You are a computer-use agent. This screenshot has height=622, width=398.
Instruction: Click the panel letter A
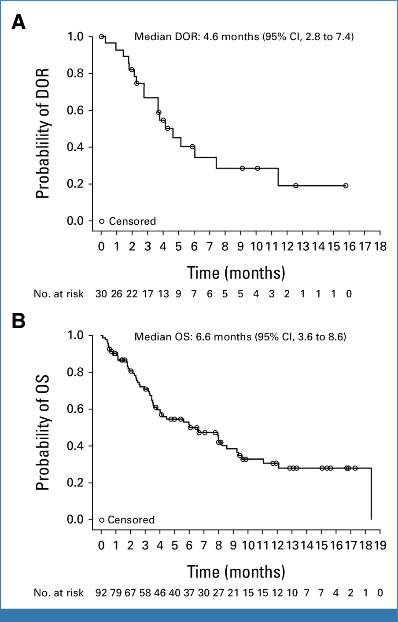coord(18,22)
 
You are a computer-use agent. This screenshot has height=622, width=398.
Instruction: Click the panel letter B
coord(18,321)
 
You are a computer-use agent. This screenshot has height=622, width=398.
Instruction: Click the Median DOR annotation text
coord(244,37)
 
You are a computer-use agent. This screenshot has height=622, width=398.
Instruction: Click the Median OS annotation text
coord(240,337)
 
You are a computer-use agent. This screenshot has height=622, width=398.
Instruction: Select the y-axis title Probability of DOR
coord(43,133)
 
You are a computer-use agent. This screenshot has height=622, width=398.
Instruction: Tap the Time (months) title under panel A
coord(236,273)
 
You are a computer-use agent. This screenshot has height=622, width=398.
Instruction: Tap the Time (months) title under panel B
coord(236,572)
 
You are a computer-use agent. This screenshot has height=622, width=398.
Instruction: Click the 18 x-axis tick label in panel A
coord(380,246)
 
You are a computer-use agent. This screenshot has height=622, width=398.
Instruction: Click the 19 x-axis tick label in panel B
coord(380,545)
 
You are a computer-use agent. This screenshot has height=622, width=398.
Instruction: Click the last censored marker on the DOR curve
coord(346,186)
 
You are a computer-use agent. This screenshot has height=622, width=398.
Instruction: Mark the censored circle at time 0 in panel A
coord(101,37)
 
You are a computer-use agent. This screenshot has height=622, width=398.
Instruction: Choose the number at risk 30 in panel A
coord(101,294)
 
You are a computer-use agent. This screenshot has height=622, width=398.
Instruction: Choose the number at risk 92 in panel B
coord(101,593)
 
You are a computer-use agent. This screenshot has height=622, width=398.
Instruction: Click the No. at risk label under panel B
coord(59,593)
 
